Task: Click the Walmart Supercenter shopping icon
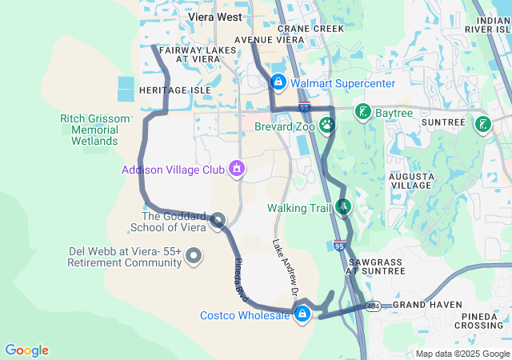tap(278, 82)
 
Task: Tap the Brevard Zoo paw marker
tap(326, 125)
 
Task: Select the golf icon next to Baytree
tap(363, 112)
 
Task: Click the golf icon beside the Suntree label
tap(482, 123)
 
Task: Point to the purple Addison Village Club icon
tap(236, 169)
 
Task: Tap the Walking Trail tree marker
tap(343, 207)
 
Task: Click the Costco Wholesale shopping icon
tap(302, 314)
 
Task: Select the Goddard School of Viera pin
tap(218, 220)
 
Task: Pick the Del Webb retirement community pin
tap(194, 256)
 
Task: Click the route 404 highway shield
tap(373, 306)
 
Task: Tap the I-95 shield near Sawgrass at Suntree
tap(340, 247)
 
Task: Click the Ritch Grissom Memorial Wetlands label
tap(94, 130)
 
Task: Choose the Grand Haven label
tap(427, 305)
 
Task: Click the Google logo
tap(26, 350)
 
